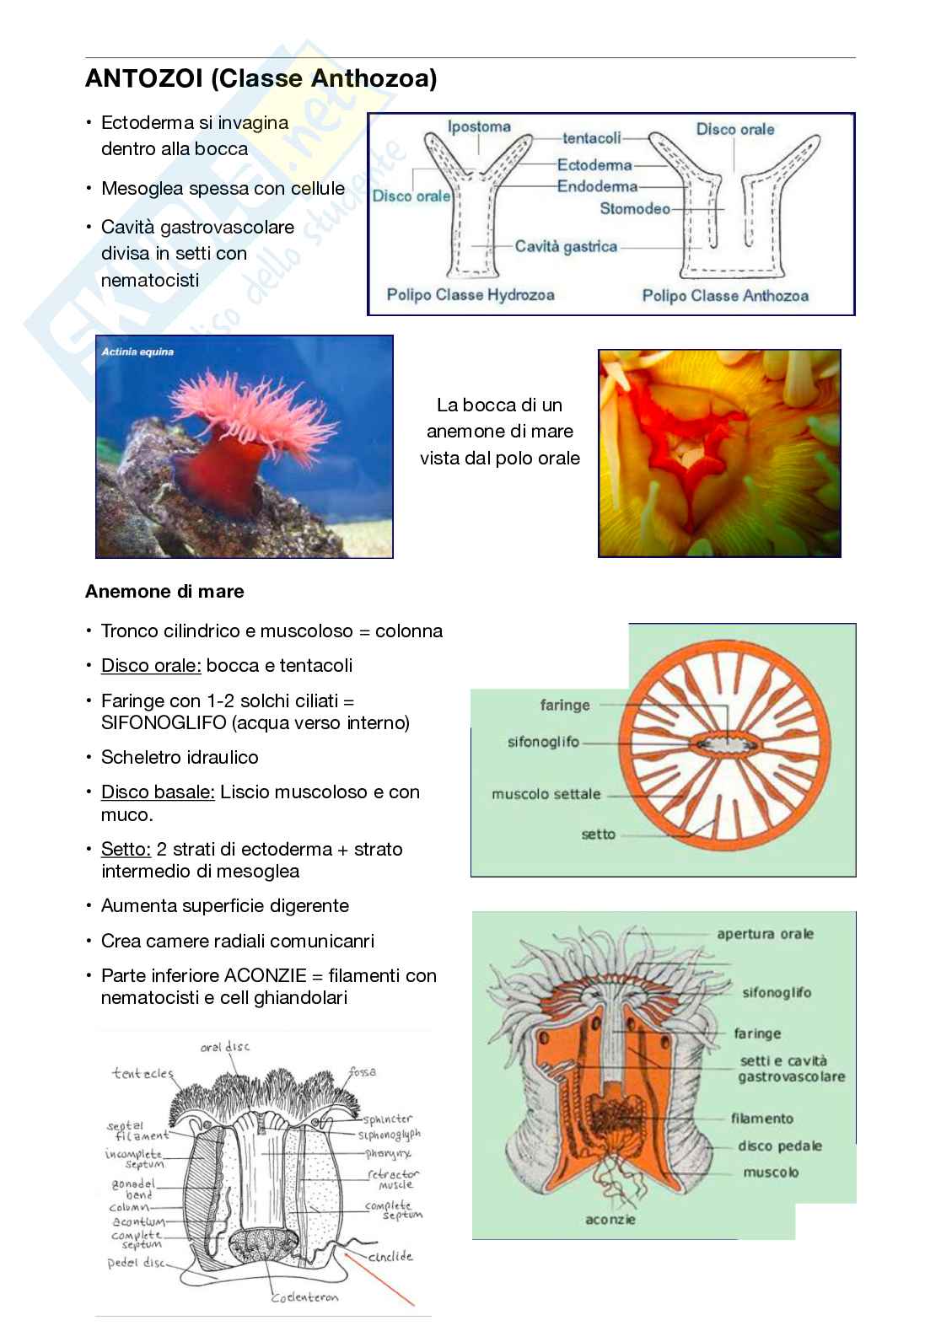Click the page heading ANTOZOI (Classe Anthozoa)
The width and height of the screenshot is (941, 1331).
[x=261, y=79]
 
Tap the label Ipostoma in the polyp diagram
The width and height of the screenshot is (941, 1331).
[x=479, y=127]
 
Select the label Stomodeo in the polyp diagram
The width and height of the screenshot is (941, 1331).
[x=634, y=208]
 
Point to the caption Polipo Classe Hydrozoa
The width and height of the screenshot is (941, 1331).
[x=470, y=295]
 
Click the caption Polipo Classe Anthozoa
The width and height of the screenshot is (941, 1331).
[x=725, y=296]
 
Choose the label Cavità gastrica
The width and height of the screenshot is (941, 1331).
[x=566, y=246]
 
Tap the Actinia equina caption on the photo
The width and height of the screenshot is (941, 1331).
[x=137, y=352]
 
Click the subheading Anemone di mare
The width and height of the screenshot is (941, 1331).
[x=164, y=592]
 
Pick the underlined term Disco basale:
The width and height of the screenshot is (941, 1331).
[x=158, y=792]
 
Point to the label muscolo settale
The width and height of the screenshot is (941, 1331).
[x=546, y=794]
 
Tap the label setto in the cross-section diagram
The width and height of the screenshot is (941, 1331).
[x=598, y=835]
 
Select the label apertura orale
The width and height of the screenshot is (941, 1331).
[x=765, y=934]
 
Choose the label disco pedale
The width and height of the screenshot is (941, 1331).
[x=779, y=1146]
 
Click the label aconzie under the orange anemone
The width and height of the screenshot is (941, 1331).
[x=610, y=1220]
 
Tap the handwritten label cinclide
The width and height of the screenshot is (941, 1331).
[x=391, y=1257]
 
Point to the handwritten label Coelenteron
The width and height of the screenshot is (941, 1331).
[x=304, y=1297]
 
